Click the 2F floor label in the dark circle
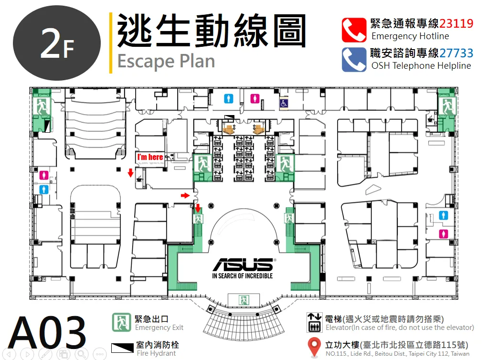click(57, 44)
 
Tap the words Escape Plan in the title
click(166, 62)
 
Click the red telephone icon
click(354, 30)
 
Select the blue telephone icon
click(354, 60)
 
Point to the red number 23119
click(456, 23)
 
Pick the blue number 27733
click(456, 53)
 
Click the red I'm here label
click(150, 157)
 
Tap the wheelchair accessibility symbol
click(284, 103)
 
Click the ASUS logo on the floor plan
click(243, 265)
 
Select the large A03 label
click(47, 332)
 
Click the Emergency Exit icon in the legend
click(121, 322)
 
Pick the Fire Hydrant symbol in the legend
click(122, 348)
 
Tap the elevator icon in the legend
click(314, 322)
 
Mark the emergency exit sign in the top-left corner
click(42, 106)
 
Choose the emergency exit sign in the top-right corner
click(447, 106)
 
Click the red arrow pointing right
click(185, 195)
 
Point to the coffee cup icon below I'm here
click(139, 179)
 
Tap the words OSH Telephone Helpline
click(421, 66)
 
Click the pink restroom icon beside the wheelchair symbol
click(255, 99)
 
